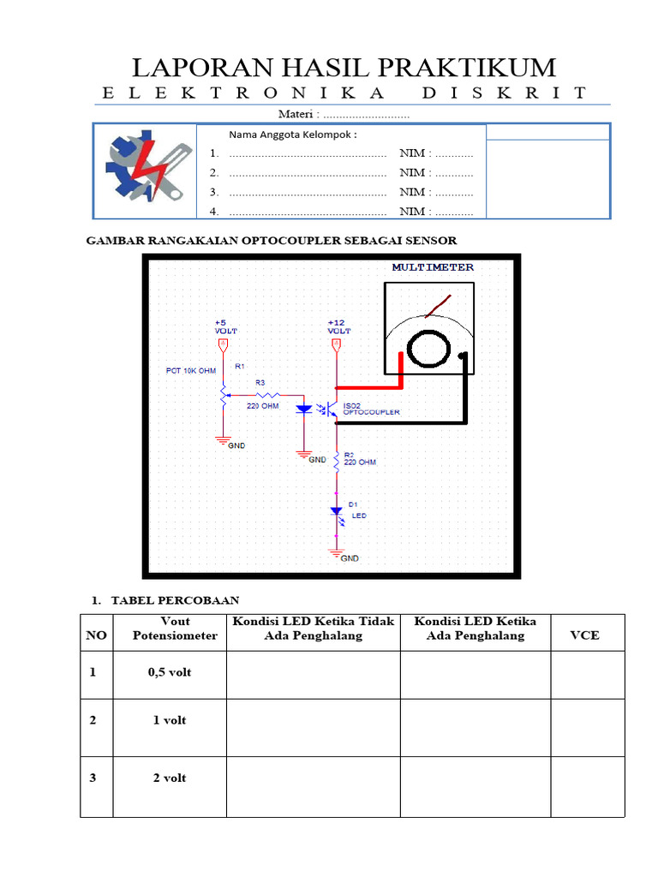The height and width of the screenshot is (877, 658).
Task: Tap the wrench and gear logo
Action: (x=145, y=169)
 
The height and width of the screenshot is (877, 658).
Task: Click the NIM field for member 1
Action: (x=436, y=153)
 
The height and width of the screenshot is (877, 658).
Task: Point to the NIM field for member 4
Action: (x=436, y=212)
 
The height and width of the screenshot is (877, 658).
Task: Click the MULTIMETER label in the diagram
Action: (x=433, y=267)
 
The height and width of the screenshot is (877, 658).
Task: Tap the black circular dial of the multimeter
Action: (x=429, y=349)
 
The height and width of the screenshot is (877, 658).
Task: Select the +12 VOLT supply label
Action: (x=338, y=325)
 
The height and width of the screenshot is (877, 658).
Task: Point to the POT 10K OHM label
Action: (x=190, y=371)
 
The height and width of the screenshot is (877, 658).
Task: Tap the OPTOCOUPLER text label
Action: (x=371, y=413)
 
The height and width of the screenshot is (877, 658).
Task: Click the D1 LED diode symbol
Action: (x=337, y=511)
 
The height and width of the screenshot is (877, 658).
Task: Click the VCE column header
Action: (x=586, y=635)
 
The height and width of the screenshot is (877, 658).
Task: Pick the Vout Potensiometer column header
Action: (x=175, y=628)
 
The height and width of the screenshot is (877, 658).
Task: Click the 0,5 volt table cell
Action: (x=170, y=672)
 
